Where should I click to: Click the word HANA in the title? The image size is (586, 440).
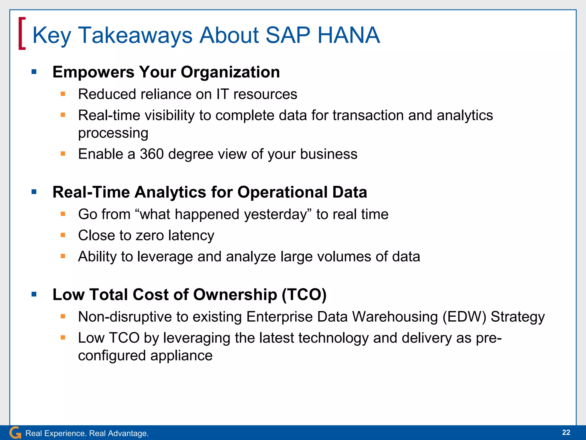click(x=349, y=35)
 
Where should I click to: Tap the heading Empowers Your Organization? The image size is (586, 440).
click(x=166, y=72)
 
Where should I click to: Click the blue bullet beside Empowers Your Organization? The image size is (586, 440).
click(x=34, y=72)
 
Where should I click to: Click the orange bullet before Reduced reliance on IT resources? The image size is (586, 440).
click(x=63, y=94)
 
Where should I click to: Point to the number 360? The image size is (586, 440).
click(x=152, y=154)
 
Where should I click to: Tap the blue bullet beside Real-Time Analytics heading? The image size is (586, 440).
click(x=34, y=192)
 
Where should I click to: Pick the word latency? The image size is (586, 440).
click(x=191, y=235)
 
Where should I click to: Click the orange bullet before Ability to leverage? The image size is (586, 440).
click(x=63, y=256)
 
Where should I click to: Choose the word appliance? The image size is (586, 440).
click(x=181, y=356)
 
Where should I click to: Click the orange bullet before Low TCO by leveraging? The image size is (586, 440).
click(x=63, y=338)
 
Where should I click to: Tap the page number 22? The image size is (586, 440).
click(x=566, y=432)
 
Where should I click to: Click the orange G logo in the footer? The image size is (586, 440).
click(x=15, y=433)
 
